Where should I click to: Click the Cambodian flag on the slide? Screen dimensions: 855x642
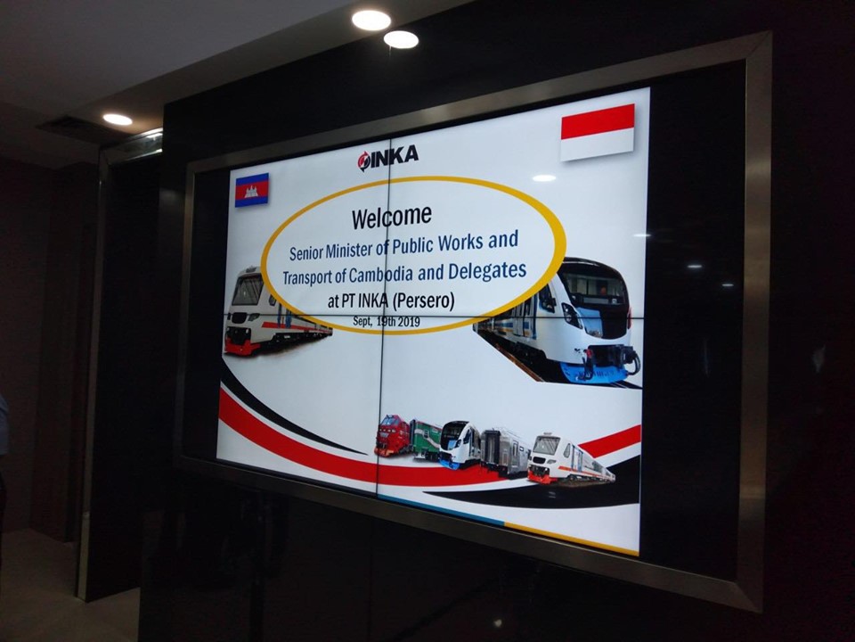coord(251,190)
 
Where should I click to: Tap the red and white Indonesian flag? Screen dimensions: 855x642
coord(598,132)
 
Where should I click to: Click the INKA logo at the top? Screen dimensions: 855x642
coord(387,157)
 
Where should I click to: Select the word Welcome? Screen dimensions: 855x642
coord(392,217)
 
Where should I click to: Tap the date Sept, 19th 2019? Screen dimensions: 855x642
coord(387,321)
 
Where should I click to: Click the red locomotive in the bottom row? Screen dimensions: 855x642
coord(392,435)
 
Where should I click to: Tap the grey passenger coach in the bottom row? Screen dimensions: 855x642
coord(504,451)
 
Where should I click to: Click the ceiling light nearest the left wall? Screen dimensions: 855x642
coord(118,119)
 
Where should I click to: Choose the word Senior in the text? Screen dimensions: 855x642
coord(305,252)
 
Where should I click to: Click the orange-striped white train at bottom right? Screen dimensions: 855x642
coord(570,458)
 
